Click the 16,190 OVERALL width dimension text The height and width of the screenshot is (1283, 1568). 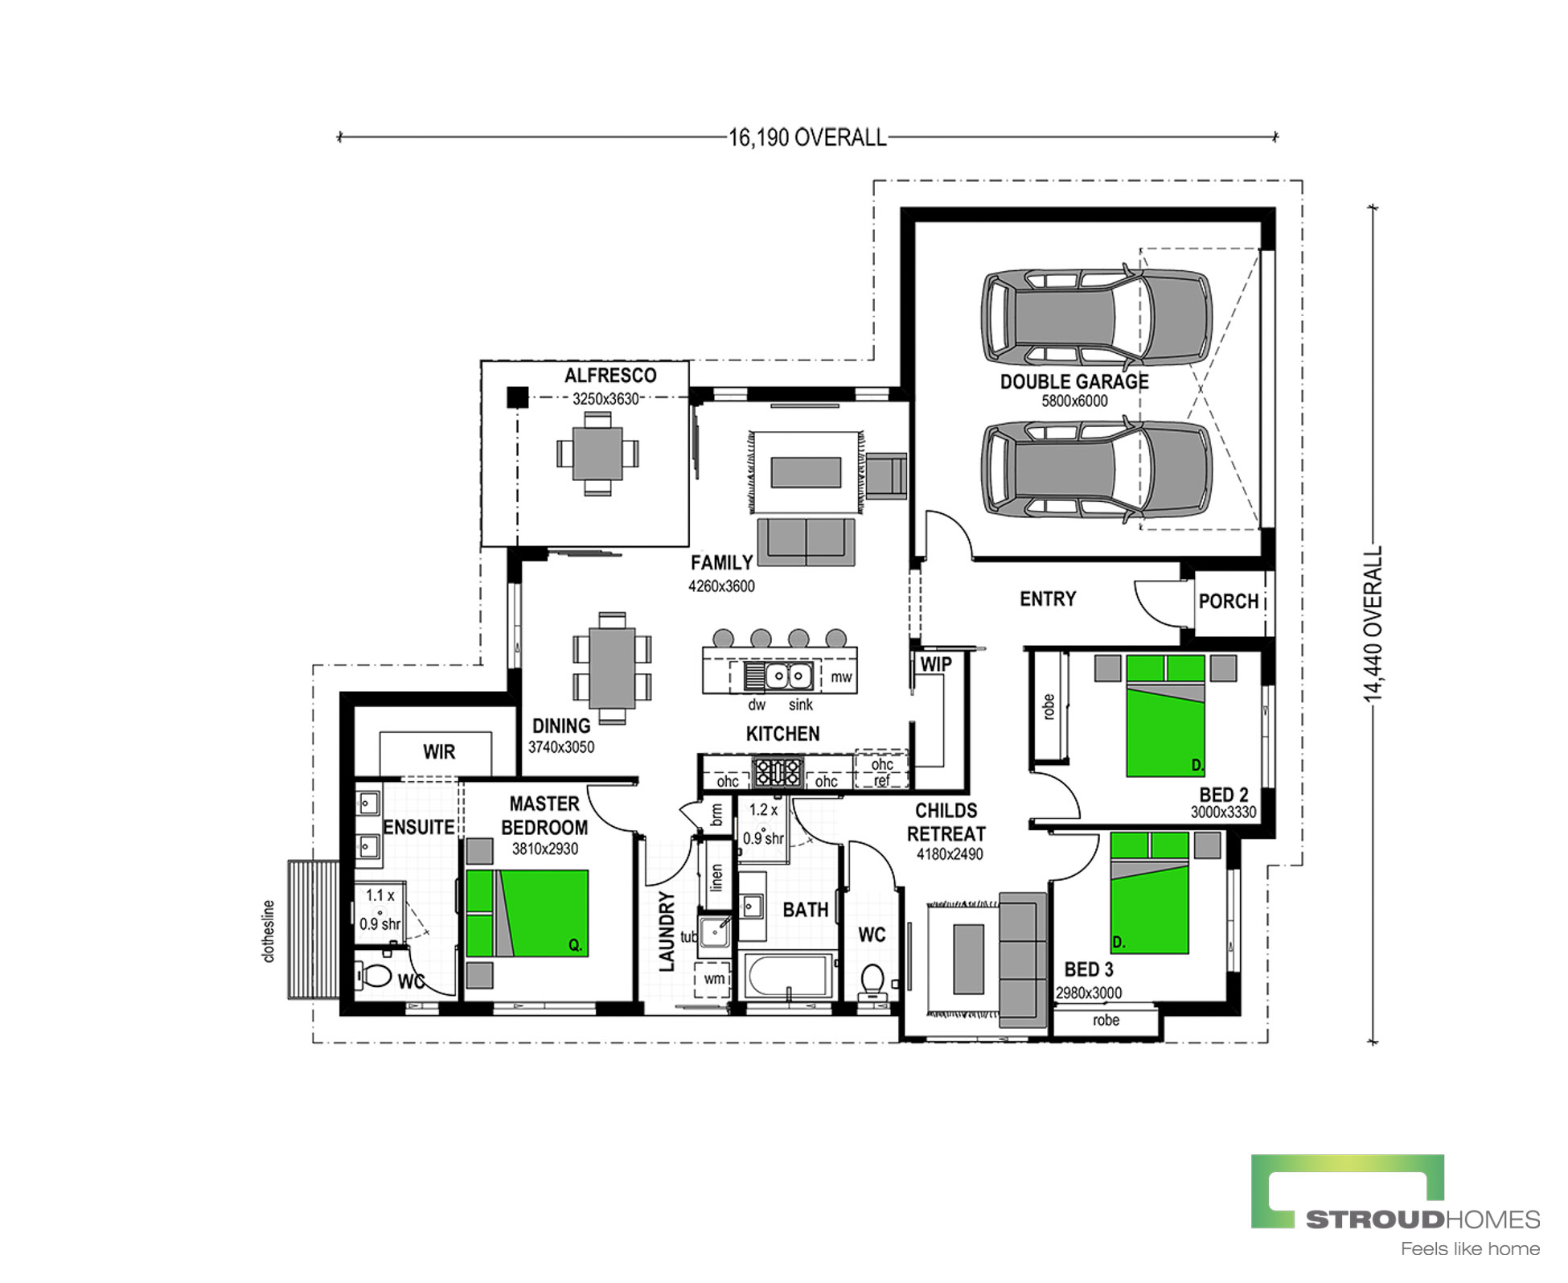807,138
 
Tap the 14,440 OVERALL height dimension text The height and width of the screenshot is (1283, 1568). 1373,624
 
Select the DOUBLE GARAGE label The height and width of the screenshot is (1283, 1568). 1074,381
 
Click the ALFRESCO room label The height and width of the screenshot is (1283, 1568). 610,376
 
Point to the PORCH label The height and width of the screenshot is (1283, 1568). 1228,602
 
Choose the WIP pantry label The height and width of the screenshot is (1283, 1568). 936,664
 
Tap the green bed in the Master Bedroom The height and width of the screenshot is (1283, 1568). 527,913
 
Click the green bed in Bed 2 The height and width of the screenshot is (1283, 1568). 1165,716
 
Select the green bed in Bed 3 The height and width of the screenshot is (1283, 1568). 1149,893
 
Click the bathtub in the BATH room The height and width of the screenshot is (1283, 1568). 788,976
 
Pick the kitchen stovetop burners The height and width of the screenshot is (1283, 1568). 777,772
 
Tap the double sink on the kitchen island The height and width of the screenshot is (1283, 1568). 778,676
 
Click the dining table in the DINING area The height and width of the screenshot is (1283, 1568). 612,668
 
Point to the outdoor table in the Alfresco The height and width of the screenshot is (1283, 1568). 597,453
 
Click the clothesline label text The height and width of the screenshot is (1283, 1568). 269,931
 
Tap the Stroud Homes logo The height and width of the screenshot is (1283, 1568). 1395,1205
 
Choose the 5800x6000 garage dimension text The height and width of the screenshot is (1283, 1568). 1074,401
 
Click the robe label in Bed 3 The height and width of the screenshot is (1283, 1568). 1106,1020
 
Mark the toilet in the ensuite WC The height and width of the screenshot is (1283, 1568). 373,977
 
